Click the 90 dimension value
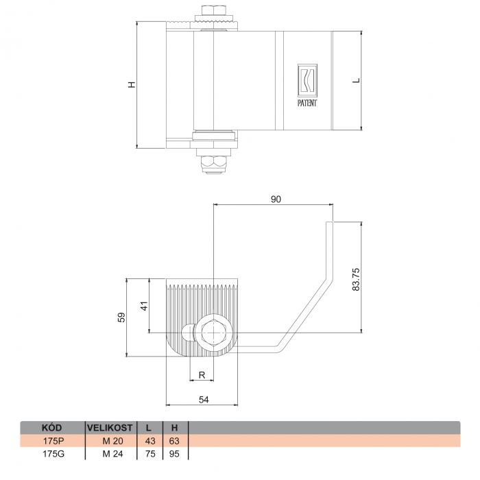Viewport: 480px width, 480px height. pyautogui.click(x=276, y=200)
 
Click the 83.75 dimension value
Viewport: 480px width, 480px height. pyautogui.click(x=356, y=280)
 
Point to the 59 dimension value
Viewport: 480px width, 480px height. pyautogui.click(x=121, y=317)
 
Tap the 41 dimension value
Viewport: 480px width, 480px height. pyautogui.click(x=144, y=306)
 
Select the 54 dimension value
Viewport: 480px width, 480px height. pyautogui.click(x=204, y=400)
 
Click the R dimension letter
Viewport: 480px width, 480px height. pyautogui.click(x=202, y=374)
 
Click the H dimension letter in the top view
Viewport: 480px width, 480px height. pyautogui.click(x=132, y=84)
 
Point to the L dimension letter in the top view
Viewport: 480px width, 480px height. pyautogui.click(x=357, y=80)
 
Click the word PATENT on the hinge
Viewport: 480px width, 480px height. pyautogui.click(x=307, y=103)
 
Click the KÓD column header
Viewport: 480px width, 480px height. pyautogui.click(x=51, y=428)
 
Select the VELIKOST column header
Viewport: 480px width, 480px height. pyautogui.click(x=110, y=428)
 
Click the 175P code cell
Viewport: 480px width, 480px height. pyautogui.click(x=53, y=441)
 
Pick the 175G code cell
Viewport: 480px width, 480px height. pyautogui.click(x=53, y=454)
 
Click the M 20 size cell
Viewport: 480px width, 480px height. pyautogui.click(x=112, y=441)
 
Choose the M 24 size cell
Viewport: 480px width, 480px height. pyautogui.click(x=112, y=454)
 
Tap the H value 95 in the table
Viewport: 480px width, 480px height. pyautogui.click(x=174, y=454)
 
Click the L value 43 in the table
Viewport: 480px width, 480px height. pyautogui.click(x=150, y=441)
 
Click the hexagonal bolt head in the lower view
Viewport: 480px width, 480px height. pyautogui.click(x=214, y=333)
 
